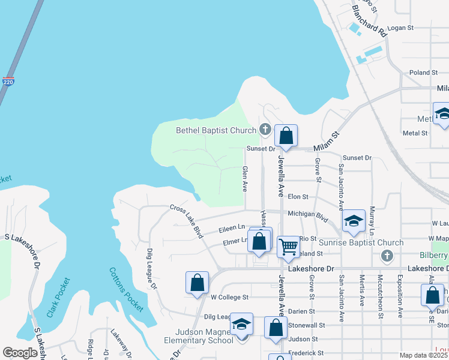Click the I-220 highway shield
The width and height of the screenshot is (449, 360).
pos(8,81)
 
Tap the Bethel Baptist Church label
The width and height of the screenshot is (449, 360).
pos(215,130)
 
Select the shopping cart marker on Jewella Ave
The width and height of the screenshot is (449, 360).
pos(289,246)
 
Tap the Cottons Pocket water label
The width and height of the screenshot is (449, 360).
pos(126,289)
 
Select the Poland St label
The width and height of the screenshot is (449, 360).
pos(424,73)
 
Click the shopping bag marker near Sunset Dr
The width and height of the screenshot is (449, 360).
pos(286,136)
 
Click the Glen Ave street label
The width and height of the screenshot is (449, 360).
pos(245,179)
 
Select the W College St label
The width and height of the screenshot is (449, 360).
pos(229,297)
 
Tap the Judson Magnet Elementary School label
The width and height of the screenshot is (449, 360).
pos(204,336)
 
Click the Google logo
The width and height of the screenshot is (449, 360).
pos(20,353)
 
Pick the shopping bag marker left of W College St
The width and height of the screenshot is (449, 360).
pos(197,283)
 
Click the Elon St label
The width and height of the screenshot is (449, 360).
pos(298,196)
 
